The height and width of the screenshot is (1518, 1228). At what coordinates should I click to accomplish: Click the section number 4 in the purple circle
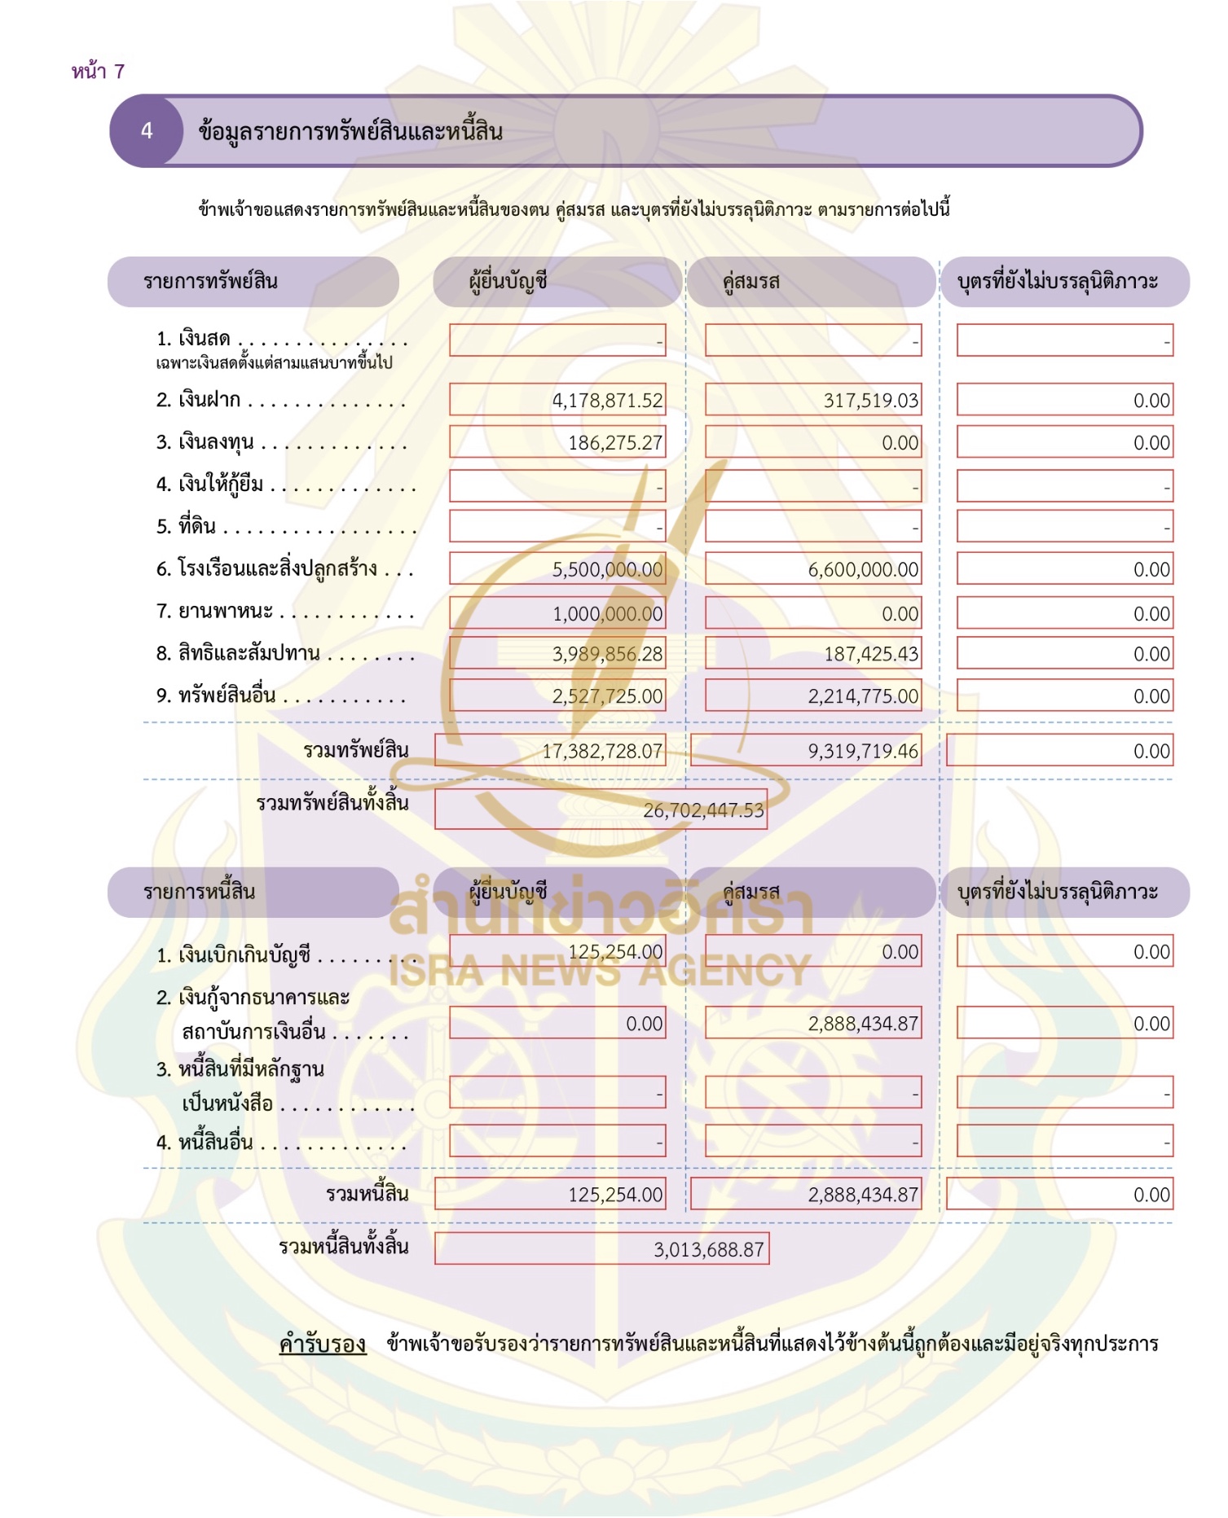(147, 131)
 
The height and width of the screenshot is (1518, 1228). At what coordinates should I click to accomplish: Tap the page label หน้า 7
(98, 72)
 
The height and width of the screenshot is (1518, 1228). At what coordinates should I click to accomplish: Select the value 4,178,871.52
(607, 401)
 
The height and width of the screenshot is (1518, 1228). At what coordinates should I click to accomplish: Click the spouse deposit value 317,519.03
(870, 401)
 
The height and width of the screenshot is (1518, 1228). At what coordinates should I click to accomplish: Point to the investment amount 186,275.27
(615, 443)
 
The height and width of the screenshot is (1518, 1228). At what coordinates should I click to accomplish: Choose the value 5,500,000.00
(607, 570)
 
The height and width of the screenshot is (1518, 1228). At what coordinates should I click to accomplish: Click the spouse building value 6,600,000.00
(863, 570)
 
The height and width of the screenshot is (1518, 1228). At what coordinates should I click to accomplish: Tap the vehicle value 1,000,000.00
(607, 614)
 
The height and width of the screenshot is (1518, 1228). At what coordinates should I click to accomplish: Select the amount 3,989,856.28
(607, 654)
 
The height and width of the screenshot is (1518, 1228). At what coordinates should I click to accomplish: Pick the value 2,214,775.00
(863, 696)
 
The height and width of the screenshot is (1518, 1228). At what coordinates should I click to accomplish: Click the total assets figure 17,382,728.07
(602, 751)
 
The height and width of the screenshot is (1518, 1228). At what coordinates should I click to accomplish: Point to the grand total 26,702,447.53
(703, 810)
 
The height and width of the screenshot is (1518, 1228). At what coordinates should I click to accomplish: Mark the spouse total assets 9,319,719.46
(863, 751)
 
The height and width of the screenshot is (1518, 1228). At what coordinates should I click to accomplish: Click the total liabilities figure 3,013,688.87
(708, 1249)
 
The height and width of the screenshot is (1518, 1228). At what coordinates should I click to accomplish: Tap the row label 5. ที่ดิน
(187, 526)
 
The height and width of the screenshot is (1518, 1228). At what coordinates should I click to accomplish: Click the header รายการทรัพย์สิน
(210, 282)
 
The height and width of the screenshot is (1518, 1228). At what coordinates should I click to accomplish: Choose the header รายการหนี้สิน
(199, 892)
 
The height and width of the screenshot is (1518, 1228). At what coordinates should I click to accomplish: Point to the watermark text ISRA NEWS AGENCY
(600, 970)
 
